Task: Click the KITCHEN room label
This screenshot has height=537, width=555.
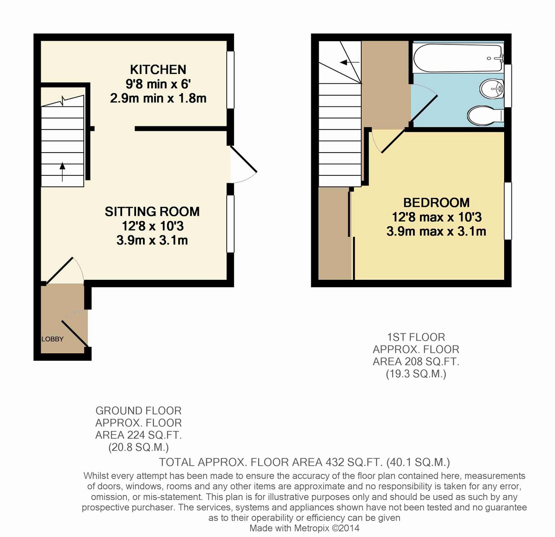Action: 158,69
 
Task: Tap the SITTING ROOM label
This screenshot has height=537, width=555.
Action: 152,211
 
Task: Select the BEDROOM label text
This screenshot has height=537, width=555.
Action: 436,203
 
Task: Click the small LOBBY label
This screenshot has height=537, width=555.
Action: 53,339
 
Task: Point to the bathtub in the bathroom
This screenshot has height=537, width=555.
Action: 457,58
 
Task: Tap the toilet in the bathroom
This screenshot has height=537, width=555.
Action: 484,116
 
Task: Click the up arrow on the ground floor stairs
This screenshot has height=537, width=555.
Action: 62,173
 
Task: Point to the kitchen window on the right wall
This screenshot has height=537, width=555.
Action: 230,80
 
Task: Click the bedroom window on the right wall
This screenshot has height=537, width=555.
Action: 507,211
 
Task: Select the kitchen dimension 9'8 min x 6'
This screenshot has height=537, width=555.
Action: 158,84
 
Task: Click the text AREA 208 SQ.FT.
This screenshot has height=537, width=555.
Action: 416,362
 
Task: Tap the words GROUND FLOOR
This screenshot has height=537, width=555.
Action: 138,411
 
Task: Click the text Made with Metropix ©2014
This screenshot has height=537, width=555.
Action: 304,528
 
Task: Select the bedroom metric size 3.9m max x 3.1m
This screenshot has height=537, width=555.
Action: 436,231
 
